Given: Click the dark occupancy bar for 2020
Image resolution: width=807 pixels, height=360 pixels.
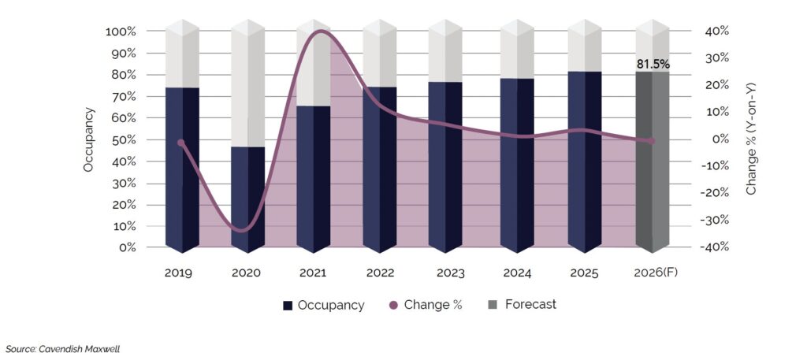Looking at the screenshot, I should coord(247,197).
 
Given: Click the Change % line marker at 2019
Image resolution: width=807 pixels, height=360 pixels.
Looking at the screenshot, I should coord(181,143).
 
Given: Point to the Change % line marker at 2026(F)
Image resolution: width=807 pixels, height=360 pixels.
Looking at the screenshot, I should coord(651,141).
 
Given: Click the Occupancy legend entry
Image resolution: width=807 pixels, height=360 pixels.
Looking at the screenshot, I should coord(323,305).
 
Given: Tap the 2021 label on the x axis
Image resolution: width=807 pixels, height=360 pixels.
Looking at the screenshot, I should coord(314,273).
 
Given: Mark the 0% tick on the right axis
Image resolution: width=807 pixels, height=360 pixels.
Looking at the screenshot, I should coord(708,139).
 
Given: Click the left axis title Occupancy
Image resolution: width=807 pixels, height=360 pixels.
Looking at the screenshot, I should coord(89,140).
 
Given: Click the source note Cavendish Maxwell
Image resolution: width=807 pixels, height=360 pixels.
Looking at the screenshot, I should coord(63,347).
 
